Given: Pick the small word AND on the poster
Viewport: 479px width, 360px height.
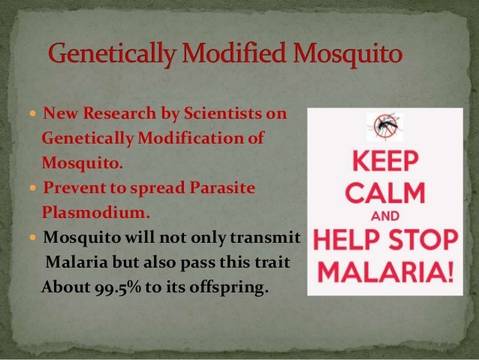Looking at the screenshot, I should [384, 214].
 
